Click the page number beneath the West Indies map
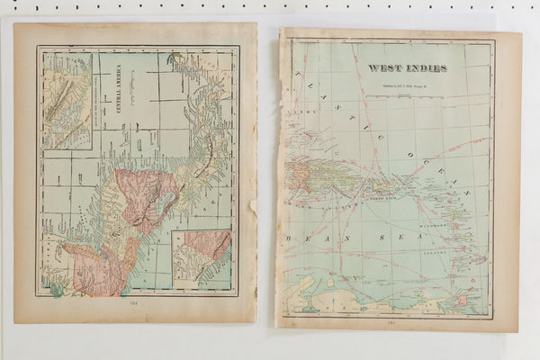(x=391, y=319)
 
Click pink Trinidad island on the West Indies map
(x=463, y=298)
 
